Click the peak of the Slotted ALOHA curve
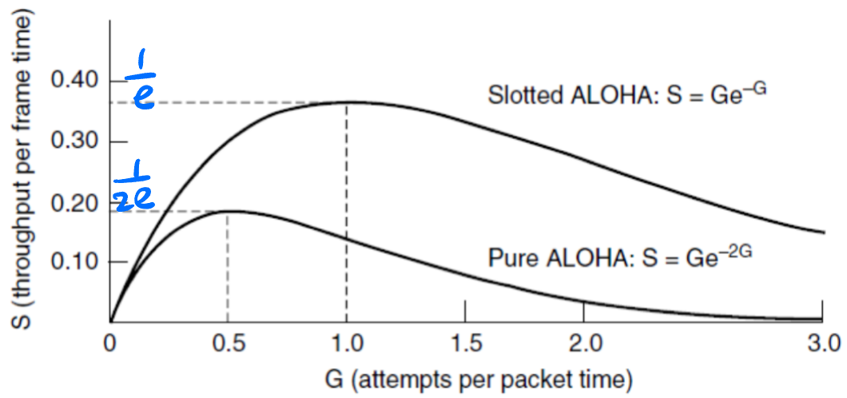[346, 101]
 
